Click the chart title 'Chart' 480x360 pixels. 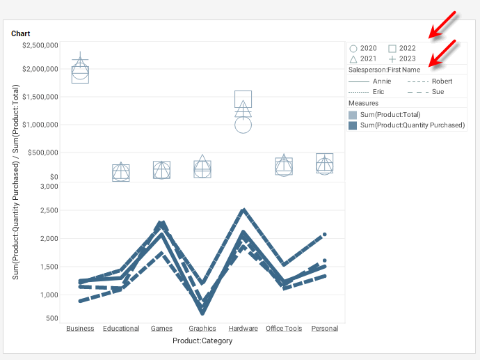[20, 33]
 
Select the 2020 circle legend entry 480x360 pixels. [362, 48]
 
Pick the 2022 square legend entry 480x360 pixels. [401, 48]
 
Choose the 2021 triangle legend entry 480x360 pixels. [362, 59]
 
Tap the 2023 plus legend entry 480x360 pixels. [401, 59]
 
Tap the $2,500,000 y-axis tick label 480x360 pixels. [40, 45]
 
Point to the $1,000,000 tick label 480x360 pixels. [40, 125]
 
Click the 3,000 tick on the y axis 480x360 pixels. [48, 186]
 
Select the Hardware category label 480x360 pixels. [243, 329]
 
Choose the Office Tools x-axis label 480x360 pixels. [284, 329]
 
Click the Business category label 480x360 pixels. [80, 329]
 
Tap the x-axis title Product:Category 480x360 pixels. [202, 341]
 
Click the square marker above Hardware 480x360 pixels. [243, 99]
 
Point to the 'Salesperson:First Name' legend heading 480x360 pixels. [384, 70]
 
